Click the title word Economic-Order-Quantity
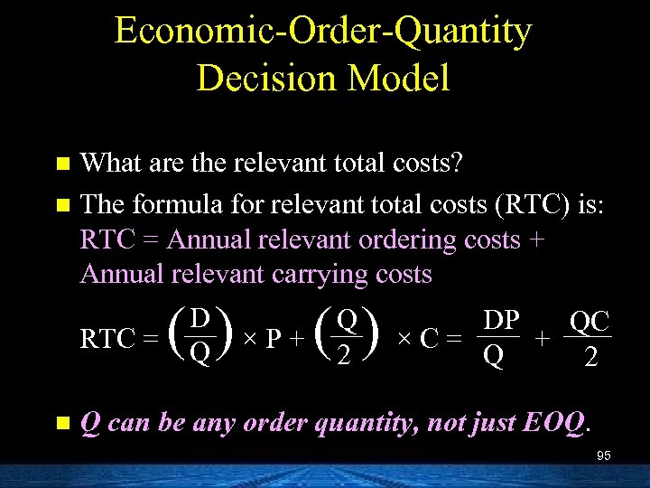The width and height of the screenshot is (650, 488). coord(323,32)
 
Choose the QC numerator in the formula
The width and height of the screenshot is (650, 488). coord(590,322)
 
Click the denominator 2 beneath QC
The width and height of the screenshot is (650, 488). coord(590,360)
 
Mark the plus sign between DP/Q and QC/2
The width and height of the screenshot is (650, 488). coord(542,340)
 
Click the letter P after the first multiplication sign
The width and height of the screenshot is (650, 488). coord(279,340)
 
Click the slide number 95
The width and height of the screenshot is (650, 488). coord(603,456)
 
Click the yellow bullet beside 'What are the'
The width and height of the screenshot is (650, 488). coord(61,164)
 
